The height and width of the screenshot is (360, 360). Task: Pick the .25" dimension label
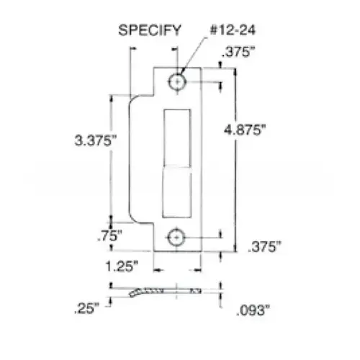87,310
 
